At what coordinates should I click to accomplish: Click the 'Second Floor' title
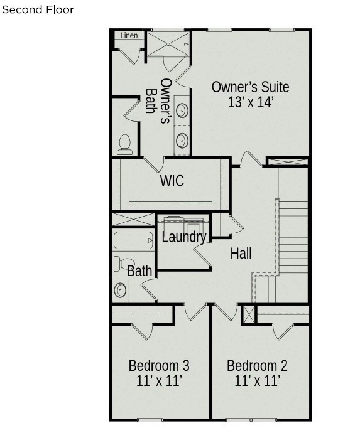click(x=38, y=10)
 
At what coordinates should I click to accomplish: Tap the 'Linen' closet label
click(x=129, y=36)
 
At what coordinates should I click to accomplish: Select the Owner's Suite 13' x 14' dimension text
click(x=251, y=102)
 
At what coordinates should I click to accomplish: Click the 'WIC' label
click(x=172, y=181)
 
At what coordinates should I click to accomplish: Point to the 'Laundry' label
click(x=184, y=237)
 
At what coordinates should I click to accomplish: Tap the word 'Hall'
click(x=241, y=254)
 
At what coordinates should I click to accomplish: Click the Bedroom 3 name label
click(x=159, y=365)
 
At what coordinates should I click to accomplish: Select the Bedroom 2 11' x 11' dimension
click(x=257, y=380)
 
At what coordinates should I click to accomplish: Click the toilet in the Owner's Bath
click(x=125, y=145)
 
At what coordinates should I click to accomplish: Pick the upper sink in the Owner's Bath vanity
click(x=182, y=110)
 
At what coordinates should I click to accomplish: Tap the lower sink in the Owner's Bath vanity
click(x=182, y=141)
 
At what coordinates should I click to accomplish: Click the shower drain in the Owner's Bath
click(x=168, y=44)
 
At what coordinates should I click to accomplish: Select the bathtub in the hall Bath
click(x=133, y=240)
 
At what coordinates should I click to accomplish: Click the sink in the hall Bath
click(x=120, y=290)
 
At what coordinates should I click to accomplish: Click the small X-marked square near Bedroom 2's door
click(x=249, y=314)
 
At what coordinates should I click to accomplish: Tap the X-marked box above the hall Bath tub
click(x=133, y=220)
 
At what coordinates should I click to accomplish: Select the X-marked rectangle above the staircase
click(x=288, y=162)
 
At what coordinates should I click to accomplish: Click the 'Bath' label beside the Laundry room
click(x=139, y=270)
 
